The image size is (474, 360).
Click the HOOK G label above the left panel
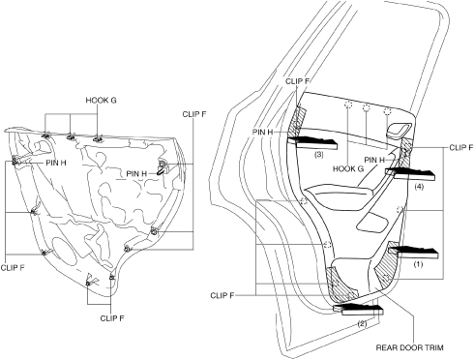click(101, 101)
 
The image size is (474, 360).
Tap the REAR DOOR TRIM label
click(409, 347)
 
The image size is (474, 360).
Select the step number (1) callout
click(418, 264)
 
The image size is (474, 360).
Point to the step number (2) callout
click(362, 323)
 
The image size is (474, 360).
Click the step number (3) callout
click(318, 155)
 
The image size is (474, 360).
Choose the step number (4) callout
click(419, 187)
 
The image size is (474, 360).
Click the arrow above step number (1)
click(413, 250)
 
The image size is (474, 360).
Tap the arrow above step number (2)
click(358, 309)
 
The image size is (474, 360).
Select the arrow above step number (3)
click(312, 142)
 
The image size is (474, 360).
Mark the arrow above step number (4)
click(409, 174)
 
